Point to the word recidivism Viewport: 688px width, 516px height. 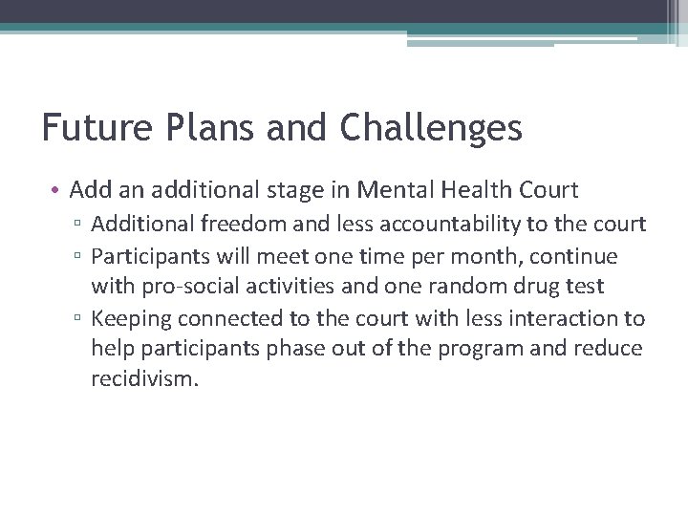coord(144,378)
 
